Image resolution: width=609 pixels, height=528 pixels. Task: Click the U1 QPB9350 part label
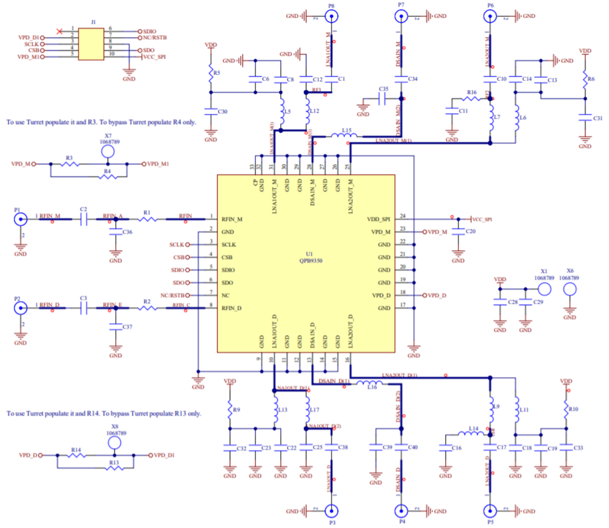pos(310,258)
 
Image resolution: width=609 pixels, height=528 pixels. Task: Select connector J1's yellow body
pos(91,44)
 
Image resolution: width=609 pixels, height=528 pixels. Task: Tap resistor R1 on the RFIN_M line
pos(148,220)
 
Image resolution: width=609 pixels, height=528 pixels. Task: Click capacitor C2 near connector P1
pos(84,220)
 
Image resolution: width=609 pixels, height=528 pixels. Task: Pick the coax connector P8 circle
pos(331,16)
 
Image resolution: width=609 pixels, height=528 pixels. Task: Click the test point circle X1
pos(544,289)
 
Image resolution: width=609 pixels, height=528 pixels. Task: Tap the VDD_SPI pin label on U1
pos(379,220)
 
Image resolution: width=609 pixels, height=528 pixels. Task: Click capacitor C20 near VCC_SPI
pos(458,232)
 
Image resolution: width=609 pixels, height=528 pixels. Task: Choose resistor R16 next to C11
pos(471,99)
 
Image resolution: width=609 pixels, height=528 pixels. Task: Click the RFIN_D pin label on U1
pos(231,308)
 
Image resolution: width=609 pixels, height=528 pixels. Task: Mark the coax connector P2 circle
pos(20,308)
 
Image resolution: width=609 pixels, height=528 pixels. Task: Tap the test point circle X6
pos(569,289)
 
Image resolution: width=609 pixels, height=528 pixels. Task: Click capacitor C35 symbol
pos(383,99)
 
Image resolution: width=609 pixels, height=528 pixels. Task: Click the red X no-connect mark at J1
pos(60,32)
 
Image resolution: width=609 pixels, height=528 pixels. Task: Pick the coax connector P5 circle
pos(490,511)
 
